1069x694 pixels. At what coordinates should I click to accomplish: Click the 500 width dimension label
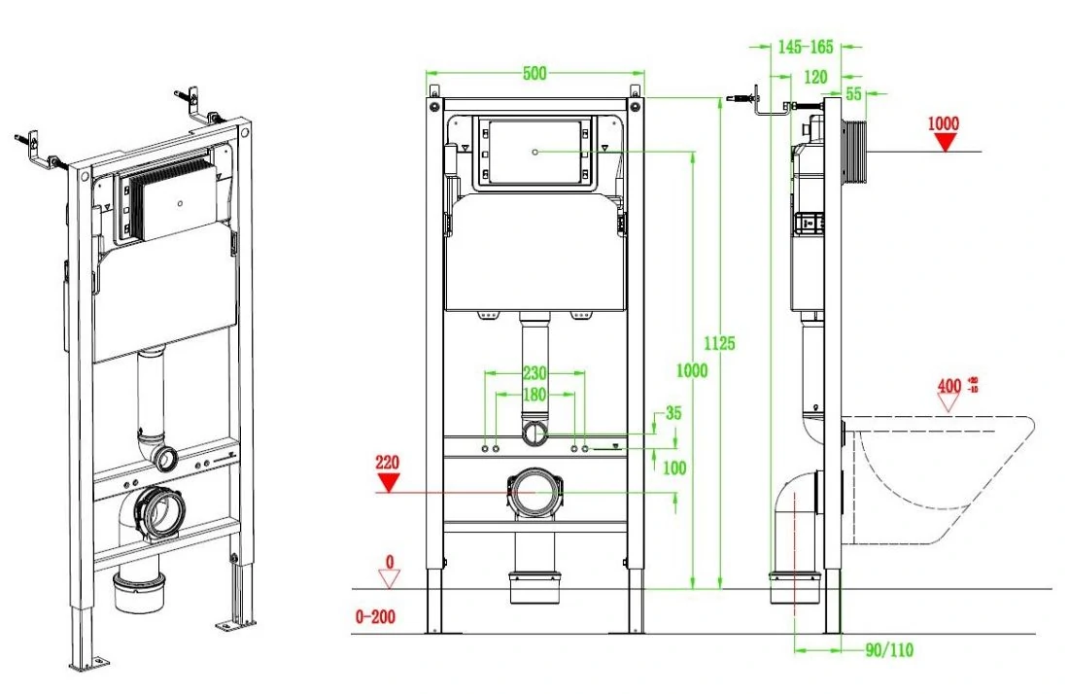534,72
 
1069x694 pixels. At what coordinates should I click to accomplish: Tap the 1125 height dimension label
719,343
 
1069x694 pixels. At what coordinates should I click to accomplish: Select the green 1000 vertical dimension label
691,370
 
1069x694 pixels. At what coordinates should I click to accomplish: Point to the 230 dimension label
534,373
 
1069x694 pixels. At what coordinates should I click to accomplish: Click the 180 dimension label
534,394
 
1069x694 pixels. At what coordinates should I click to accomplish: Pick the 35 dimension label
672,412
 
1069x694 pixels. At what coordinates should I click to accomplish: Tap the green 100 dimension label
674,468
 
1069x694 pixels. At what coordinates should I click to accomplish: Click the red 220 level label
387,463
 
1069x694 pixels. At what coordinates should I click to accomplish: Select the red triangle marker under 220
389,483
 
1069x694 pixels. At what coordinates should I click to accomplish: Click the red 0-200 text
375,616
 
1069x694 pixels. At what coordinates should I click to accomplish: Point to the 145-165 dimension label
806,47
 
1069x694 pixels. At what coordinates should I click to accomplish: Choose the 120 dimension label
815,77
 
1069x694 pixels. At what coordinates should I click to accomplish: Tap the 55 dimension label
853,94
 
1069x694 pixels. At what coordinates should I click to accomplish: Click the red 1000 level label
944,123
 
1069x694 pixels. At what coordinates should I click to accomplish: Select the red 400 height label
949,386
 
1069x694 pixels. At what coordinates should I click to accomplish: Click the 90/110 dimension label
889,649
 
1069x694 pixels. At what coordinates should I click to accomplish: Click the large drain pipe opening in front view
534,492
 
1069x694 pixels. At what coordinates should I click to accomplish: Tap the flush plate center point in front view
535,152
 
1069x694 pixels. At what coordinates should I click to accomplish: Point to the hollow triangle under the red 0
390,579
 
